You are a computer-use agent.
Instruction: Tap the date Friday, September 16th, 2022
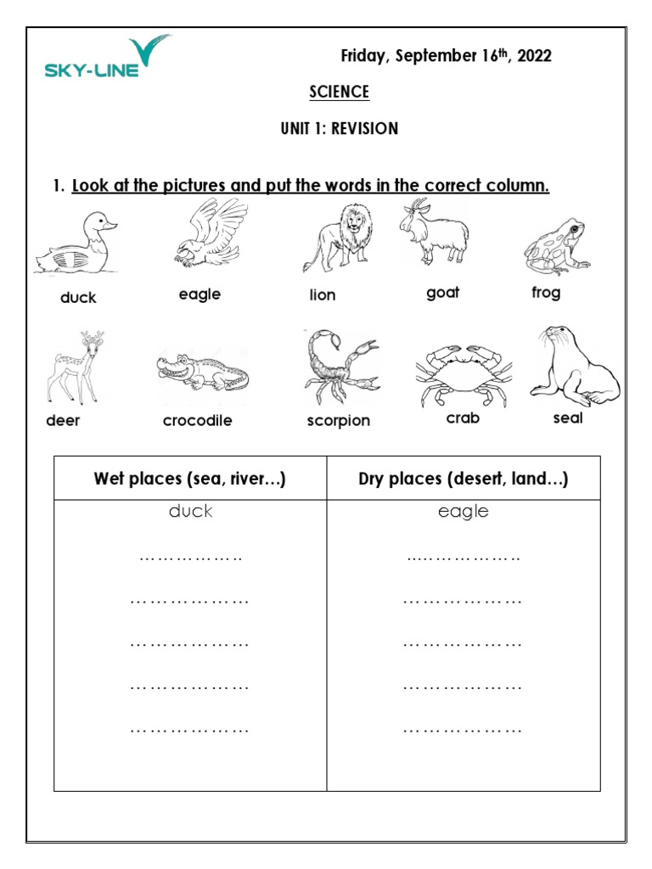[x=446, y=56]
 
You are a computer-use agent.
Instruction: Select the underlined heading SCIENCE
[x=339, y=92]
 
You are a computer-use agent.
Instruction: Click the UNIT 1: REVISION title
[x=339, y=129]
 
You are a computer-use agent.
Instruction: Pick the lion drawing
[x=338, y=238]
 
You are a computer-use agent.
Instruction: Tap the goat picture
[x=434, y=233]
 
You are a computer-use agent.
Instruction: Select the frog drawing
[x=556, y=246]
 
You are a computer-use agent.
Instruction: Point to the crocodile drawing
[x=202, y=372]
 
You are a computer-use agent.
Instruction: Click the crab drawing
[x=463, y=372]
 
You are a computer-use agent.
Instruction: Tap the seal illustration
[x=574, y=366]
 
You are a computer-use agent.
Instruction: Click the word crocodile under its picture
[x=197, y=421]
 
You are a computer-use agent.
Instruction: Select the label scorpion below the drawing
[x=339, y=421]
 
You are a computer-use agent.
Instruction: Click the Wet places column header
[x=190, y=479]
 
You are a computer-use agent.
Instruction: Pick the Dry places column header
[x=464, y=479]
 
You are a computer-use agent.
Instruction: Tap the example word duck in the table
[x=190, y=512]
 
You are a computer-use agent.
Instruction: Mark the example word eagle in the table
[x=464, y=512]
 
